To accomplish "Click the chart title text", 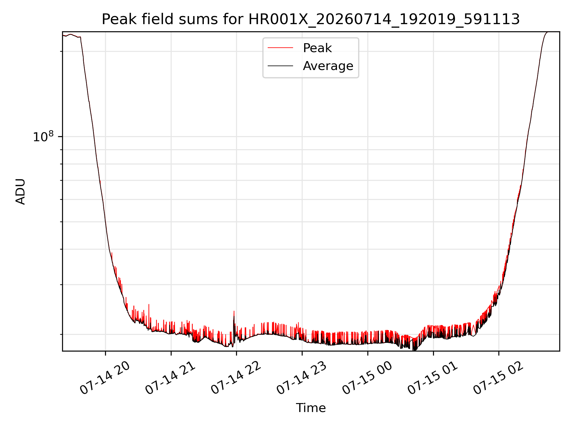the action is (311, 19).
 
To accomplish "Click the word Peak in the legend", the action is (317, 48).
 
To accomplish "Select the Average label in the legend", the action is (328, 66).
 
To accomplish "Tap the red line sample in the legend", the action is (280, 48).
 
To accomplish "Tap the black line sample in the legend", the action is (280, 66).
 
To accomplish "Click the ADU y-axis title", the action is (20, 192).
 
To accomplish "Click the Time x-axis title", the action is (311, 408).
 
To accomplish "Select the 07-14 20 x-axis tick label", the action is (105, 378).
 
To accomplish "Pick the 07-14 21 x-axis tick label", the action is (171, 378).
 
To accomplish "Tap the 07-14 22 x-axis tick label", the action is (236, 378).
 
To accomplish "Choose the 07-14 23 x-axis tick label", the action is (302, 378).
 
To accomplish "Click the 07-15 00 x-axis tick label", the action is (367, 378).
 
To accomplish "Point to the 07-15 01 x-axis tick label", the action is (433, 378).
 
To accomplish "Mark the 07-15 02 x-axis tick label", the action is (499, 378).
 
